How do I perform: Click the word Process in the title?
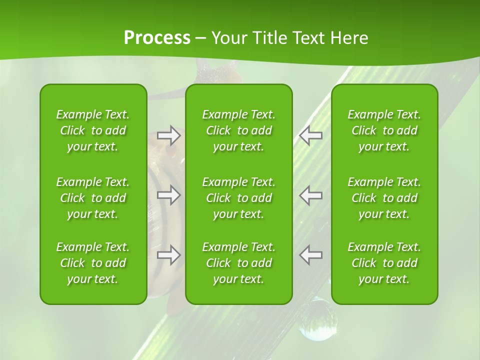pos(157,38)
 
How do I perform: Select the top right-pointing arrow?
pos(169,135)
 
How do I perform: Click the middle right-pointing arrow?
pos(169,195)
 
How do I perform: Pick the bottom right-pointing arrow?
pos(169,254)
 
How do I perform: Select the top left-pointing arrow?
pos(311,135)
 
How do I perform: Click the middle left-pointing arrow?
pos(311,195)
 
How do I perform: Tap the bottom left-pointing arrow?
pos(311,254)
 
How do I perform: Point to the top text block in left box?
pos(93,130)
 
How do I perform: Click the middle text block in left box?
pos(93,198)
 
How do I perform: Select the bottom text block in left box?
pos(93,263)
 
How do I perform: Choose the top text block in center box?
pos(239,130)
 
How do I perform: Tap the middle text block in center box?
pos(239,198)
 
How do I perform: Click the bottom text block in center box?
pos(239,263)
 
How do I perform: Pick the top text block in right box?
pos(384,130)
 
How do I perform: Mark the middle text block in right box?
pos(384,198)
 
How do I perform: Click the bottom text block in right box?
pos(384,263)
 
